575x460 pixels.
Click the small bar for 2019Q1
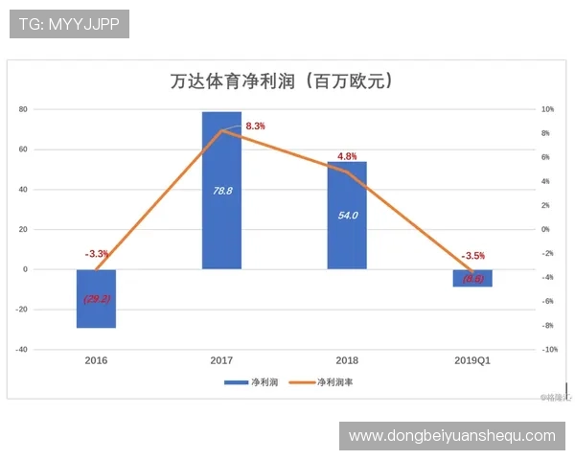tap(472, 278)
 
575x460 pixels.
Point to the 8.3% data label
tap(255, 126)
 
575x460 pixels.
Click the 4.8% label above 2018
tap(347, 156)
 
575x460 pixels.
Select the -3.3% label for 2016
tap(97, 254)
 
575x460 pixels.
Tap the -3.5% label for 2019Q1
tap(473, 256)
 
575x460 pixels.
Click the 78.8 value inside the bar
tap(222, 191)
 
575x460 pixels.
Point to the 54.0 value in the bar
tap(348, 216)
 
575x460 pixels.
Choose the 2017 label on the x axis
tap(221, 361)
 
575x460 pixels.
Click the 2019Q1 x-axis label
tap(472, 361)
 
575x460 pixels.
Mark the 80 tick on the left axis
tap(23, 109)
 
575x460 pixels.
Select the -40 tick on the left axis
tap(21, 350)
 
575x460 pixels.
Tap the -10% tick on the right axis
tap(549, 350)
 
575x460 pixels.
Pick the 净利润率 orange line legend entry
tap(322, 382)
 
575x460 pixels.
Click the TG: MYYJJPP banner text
tap(69, 24)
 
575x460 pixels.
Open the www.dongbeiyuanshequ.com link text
tap(451, 436)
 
